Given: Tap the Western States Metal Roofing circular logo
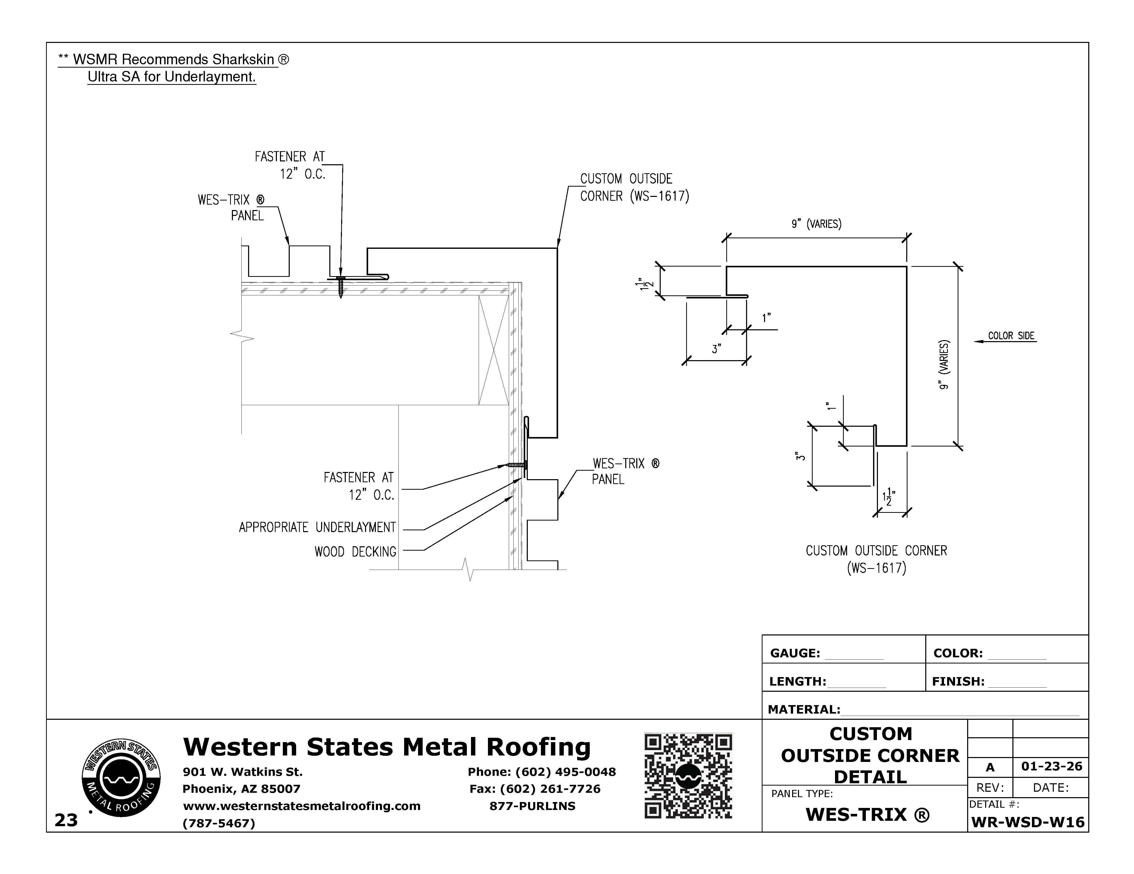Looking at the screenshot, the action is pos(121,777).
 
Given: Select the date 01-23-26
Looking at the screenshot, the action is pos(1051,767).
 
